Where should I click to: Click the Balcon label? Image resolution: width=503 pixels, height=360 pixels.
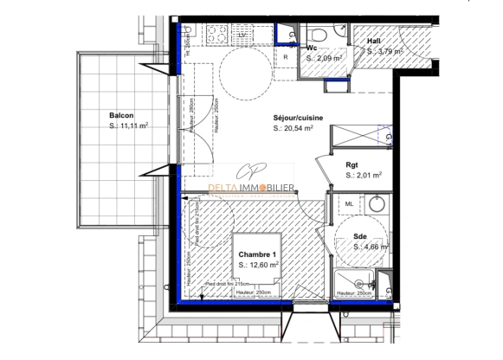click(x=121, y=115)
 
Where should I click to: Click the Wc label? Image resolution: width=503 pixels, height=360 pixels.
click(x=311, y=48)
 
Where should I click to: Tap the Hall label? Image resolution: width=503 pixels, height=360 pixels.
click(x=374, y=41)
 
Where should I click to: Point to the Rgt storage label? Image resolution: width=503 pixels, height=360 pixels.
click(x=352, y=165)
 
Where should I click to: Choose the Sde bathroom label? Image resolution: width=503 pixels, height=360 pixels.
click(x=360, y=237)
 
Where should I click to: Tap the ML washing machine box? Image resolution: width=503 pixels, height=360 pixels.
click(x=349, y=204)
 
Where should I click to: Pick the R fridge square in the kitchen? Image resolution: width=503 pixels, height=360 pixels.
click(x=287, y=58)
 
